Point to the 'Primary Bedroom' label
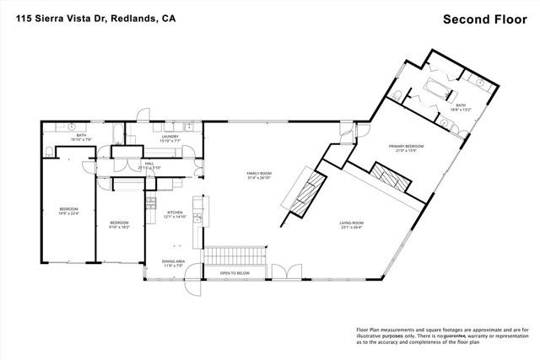point(406,148)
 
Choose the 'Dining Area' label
point(174,263)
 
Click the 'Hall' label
point(148,164)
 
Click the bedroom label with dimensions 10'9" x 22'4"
point(68,210)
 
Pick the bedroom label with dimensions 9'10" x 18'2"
point(119,224)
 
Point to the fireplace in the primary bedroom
point(389,179)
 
